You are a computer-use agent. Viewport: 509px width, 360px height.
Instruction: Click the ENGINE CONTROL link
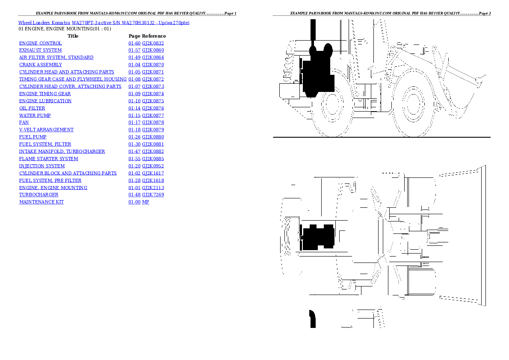[40, 43]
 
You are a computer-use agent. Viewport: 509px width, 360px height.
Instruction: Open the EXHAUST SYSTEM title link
[40, 50]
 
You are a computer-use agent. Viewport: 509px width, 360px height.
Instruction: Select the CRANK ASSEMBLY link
[40, 65]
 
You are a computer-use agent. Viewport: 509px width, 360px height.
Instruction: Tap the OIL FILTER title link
[32, 108]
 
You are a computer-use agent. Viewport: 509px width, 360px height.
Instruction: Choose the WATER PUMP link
[35, 115]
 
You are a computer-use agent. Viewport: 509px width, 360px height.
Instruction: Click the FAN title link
[24, 123]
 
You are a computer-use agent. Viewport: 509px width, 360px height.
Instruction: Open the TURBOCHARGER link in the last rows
[38, 195]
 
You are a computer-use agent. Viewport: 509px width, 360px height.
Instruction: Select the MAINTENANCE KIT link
[41, 202]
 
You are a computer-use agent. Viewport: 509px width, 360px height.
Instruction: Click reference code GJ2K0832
[153, 43]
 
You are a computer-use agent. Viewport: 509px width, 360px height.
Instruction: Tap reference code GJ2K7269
[153, 195]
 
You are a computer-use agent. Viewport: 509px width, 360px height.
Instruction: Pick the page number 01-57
[134, 50]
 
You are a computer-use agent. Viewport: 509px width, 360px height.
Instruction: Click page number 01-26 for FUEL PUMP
[134, 137]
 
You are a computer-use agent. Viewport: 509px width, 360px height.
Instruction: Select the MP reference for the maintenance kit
[145, 202]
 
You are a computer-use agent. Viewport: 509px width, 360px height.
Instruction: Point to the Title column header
[73, 36]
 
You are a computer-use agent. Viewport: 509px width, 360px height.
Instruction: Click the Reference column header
[154, 36]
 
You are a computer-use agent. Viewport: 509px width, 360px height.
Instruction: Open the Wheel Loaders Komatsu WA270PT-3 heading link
[104, 22]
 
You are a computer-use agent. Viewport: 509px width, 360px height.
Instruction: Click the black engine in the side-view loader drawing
[317, 75]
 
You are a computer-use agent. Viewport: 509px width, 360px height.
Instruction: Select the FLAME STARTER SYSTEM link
[48, 159]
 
